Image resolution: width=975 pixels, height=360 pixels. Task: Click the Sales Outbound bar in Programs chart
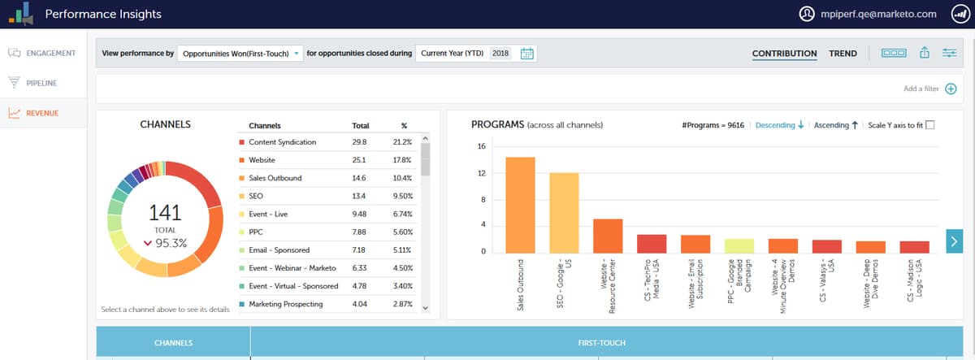coord(520,205)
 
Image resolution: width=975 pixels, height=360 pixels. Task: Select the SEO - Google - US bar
coord(564,213)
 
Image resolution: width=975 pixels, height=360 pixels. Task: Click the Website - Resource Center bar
coord(608,236)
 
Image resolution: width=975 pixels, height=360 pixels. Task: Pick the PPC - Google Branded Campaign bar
coord(739,245)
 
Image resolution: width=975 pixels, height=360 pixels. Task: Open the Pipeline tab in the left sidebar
coord(41,83)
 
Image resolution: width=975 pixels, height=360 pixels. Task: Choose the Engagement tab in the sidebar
coord(50,54)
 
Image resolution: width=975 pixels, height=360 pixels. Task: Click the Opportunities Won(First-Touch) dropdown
coord(240,54)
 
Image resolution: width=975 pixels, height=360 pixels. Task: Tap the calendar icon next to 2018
coord(526,54)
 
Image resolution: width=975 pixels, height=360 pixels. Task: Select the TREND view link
coord(843,54)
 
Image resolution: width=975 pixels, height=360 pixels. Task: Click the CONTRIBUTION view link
coord(784,54)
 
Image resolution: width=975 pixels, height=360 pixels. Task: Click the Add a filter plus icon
coord(951,89)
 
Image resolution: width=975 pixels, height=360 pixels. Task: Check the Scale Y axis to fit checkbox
coord(930,125)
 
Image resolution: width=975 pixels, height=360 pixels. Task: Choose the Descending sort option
coord(779,125)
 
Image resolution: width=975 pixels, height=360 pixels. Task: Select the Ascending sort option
coord(836,125)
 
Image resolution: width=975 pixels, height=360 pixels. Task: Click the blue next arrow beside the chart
coord(955,240)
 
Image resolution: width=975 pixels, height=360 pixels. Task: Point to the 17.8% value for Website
coord(403,160)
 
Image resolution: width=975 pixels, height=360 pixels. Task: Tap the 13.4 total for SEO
coord(359,196)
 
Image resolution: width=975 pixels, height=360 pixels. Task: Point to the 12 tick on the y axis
coord(482,173)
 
